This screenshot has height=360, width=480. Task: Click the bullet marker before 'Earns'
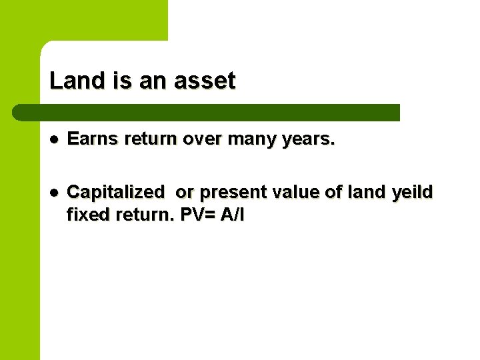54,140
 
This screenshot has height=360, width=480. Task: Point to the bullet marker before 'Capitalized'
54,192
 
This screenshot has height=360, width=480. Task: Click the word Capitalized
116,192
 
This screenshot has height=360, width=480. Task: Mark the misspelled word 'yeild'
411,192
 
